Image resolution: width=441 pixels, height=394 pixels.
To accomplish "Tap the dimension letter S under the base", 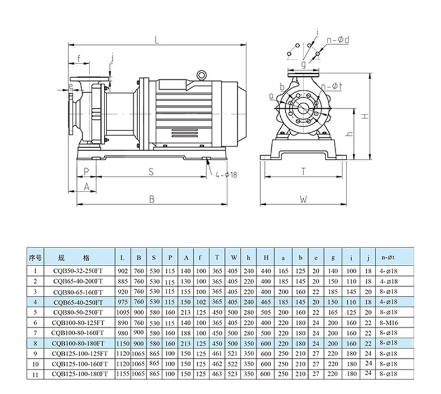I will pyautogui.click(x=151, y=172).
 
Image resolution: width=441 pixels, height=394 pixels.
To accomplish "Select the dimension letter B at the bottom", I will pyautogui.click(x=151, y=199).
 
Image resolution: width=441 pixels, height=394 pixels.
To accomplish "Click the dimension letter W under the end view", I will pyautogui.click(x=303, y=198).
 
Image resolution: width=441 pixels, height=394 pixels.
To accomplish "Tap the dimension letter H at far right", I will pyautogui.click(x=363, y=116).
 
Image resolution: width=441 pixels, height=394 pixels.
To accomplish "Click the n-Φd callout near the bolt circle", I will pyautogui.click(x=338, y=40).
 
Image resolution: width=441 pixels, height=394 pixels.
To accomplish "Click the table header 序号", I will pyautogui.click(x=35, y=258).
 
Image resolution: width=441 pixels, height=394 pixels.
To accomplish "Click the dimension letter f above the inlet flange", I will pyautogui.click(x=79, y=58).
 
